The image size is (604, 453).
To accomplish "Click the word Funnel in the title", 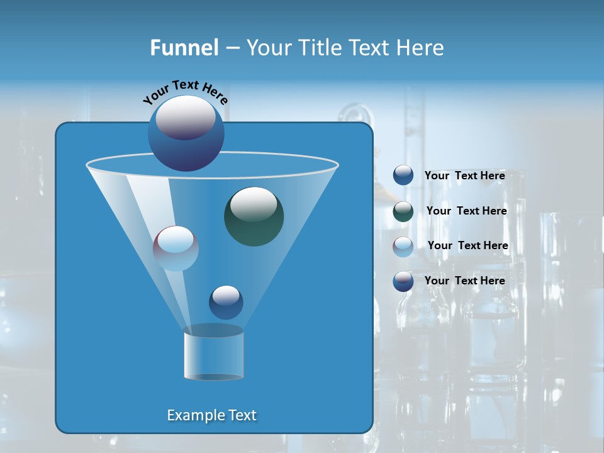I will (184, 48).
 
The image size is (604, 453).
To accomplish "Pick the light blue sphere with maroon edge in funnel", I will (176, 249).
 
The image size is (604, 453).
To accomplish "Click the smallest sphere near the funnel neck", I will (226, 302).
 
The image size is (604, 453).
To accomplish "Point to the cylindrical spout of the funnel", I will (213, 355).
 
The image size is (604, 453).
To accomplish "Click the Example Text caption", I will (211, 415).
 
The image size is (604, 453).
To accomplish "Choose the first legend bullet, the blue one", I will (403, 176).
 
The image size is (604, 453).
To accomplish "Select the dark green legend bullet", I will (403, 211).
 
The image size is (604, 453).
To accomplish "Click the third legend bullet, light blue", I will (403, 246).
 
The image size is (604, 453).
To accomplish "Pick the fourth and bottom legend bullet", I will (403, 281).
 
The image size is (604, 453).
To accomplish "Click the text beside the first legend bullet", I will (464, 176).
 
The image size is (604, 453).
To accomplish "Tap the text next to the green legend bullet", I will (466, 211).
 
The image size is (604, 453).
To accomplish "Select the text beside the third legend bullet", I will (467, 246).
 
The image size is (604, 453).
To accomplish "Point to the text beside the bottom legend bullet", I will (464, 281).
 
